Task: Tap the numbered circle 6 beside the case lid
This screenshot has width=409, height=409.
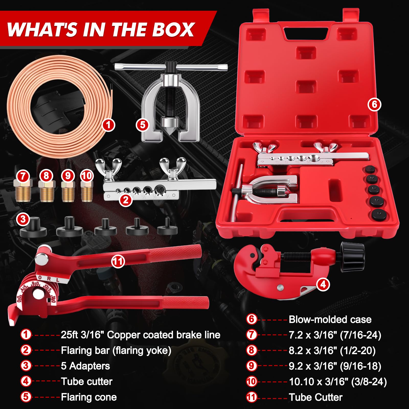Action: coord(374,104)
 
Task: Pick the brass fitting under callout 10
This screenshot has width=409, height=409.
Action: coord(87,191)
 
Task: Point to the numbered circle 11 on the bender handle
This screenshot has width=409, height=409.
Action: coord(118,261)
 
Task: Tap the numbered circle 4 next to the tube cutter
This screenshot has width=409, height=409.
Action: coord(323,284)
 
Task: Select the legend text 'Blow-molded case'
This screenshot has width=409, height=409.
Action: coord(330,320)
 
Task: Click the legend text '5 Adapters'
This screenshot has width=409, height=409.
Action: coord(85,366)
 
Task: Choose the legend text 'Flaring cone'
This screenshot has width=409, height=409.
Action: coord(89,397)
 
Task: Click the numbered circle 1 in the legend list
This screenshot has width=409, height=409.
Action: coord(26,335)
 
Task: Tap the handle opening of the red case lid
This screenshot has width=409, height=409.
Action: coord(306,33)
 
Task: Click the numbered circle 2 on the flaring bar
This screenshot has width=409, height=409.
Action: coord(126,200)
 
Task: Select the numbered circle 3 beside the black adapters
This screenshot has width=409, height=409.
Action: coord(23,219)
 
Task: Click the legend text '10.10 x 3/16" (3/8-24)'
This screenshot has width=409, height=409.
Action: coord(338,382)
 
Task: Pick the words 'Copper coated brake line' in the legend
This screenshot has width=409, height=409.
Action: coord(164,335)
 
